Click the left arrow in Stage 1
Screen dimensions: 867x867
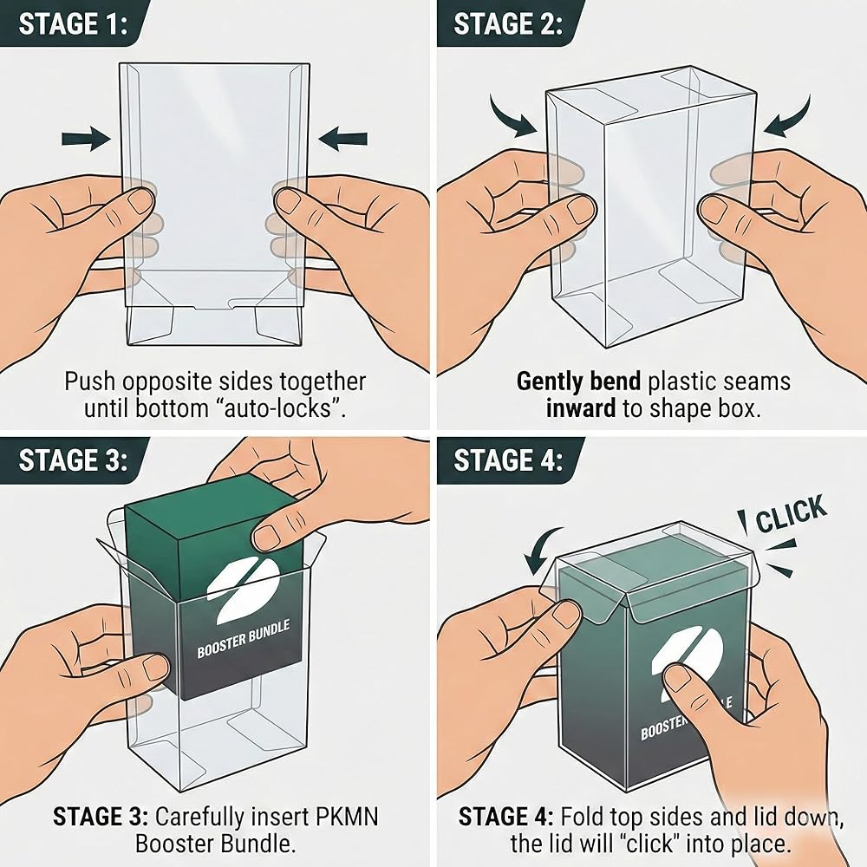click(86, 138)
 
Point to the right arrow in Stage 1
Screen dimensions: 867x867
click(342, 138)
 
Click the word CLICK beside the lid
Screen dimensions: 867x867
click(791, 513)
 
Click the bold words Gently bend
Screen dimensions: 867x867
click(578, 382)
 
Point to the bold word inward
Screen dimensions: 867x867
click(580, 408)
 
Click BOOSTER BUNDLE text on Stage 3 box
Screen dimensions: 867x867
click(244, 640)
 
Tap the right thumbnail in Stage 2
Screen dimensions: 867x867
click(714, 210)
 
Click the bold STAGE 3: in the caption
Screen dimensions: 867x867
click(101, 817)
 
